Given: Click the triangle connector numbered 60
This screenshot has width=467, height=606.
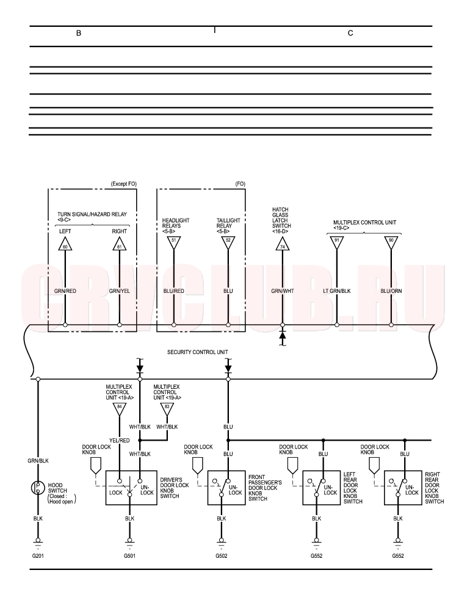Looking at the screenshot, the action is tap(65, 244).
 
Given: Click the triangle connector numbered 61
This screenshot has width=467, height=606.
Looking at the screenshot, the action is tap(119, 244).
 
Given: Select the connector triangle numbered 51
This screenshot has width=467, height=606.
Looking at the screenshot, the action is tap(173, 242).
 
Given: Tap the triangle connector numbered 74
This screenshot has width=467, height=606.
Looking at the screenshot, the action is tap(282, 244).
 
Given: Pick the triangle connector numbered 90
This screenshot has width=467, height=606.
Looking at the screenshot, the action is tap(391, 242).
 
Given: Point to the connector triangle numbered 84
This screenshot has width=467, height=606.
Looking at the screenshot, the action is tap(119, 409).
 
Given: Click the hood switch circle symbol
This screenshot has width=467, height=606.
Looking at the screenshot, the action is tap(38, 488).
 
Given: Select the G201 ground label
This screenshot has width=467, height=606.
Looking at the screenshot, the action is tap(38, 556).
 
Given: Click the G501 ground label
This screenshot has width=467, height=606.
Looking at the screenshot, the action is tap(129, 556).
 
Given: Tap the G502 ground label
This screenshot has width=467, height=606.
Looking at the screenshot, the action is tap(222, 556).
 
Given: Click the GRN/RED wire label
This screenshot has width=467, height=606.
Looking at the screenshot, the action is tap(65, 291).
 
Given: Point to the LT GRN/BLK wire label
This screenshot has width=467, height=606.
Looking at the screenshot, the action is tap(337, 291).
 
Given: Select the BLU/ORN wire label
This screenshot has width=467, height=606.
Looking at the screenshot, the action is tap(391, 291).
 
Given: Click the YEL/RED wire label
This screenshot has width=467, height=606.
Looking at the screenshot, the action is tap(119, 441).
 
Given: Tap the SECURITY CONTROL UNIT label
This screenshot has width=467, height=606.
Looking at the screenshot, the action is tap(198, 352).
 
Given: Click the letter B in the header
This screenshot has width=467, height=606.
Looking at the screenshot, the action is tap(79, 33).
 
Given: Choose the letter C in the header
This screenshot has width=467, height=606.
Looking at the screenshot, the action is tap(350, 33).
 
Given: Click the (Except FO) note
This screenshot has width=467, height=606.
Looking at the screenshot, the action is tap(124, 184).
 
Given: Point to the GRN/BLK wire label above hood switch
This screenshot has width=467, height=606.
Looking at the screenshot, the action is tap(38, 461).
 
